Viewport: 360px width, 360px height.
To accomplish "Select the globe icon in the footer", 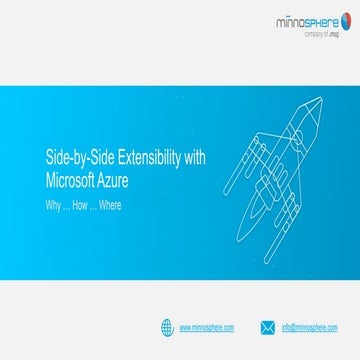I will [x=167, y=326].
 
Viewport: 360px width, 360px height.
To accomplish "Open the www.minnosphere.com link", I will [x=207, y=327].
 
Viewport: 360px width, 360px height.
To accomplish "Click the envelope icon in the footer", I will [x=267, y=326].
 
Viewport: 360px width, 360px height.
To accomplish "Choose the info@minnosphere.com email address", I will [x=310, y=327].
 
